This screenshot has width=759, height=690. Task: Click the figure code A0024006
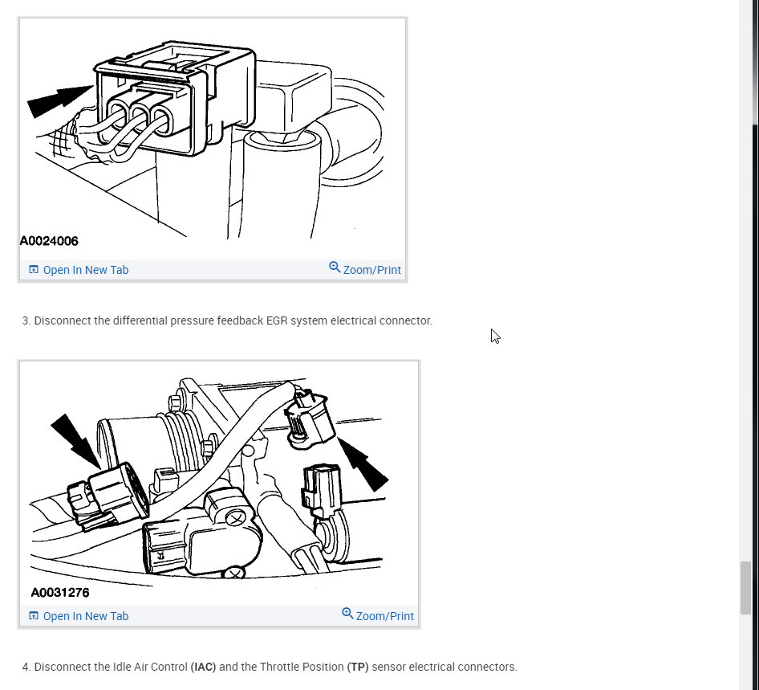click(49, 241)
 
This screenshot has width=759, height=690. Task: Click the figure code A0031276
click(60, 592)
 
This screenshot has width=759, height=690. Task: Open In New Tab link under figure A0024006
click(79, 270)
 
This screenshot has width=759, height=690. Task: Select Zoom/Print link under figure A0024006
click(365, 269)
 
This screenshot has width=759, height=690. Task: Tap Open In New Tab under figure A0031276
click(79, 616)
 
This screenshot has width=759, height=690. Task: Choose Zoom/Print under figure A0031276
click(378, 615)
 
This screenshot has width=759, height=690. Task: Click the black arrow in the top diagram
click(59, 100)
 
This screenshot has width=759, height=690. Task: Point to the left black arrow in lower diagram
click(75, 440)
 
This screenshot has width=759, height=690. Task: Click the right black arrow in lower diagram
click(363, 464)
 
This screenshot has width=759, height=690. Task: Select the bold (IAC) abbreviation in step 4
click(203, 667)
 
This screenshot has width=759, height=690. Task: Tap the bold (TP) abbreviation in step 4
click(358, 667)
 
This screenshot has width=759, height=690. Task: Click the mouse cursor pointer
click(495, 336)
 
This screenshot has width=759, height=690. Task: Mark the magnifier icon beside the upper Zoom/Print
click(335, 267)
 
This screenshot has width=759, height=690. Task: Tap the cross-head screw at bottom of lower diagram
click(234, 574)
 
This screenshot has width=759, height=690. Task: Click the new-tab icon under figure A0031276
click(34, 615)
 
